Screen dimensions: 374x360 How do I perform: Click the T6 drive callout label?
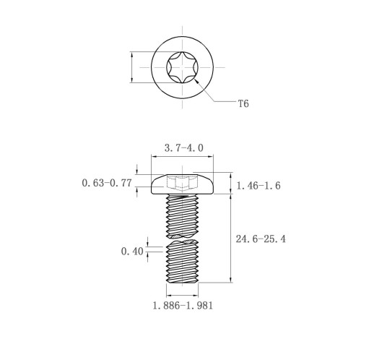pyautogui.click(x=243, y=104)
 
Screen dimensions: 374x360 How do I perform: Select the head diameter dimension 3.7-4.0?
pyautogui.click(x=184, y=148)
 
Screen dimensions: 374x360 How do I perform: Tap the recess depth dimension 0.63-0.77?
pyautogui.click(x=107, y=183)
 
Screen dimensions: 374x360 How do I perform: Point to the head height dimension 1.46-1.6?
pyautogui.click(x=258, y=186)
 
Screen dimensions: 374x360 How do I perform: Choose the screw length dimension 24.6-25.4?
pyautogui.click(x=261, y=239)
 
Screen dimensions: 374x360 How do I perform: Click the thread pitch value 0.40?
pyautogui.click(x=132, y=252)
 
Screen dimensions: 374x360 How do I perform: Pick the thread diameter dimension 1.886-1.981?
pyautogui.click(x=183, y=306)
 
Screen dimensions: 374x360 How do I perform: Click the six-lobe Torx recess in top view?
pyautogui.click(x=182, y=67)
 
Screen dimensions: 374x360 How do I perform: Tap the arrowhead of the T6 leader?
pyautogui.click(x=196, y=82)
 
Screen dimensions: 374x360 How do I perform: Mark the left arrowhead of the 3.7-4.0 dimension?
pyautogui.click(x=154, y=157)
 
